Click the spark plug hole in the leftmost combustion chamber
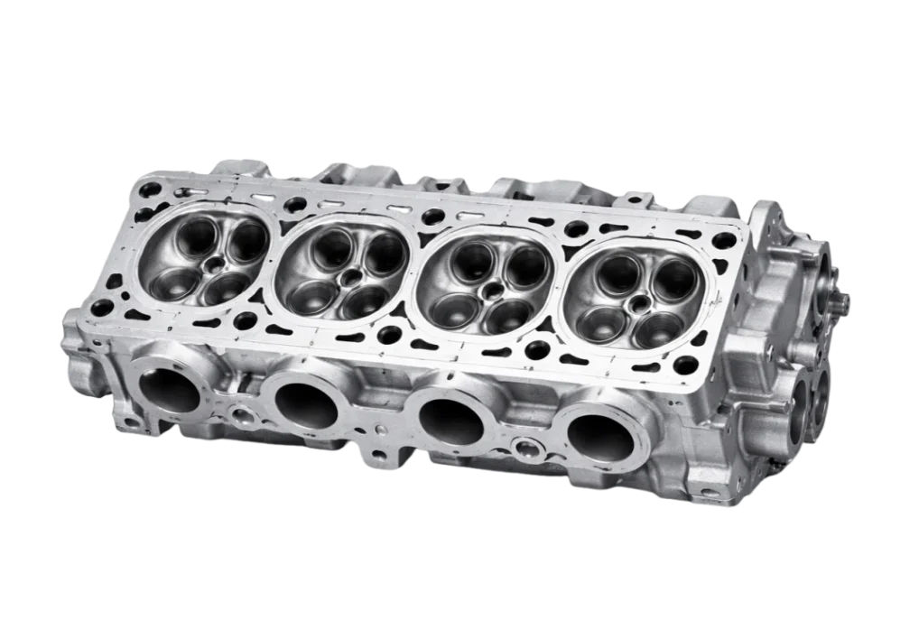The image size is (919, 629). click(x=214, y=264)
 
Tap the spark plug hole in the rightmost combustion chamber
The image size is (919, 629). click(x=640, y=302)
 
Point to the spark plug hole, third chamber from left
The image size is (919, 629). click(x=493, y=290)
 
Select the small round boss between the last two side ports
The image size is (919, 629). click(x=524, y=447)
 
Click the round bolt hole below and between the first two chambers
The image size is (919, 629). click(x=246, y=319)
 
